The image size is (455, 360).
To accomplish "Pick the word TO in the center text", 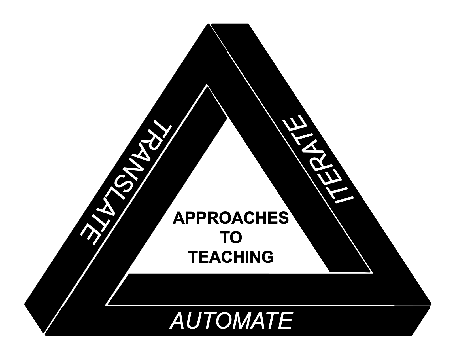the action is click(231, 238).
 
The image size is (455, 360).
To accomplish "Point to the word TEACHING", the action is click(231, 257).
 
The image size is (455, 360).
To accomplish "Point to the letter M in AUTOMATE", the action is click(244, 321).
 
